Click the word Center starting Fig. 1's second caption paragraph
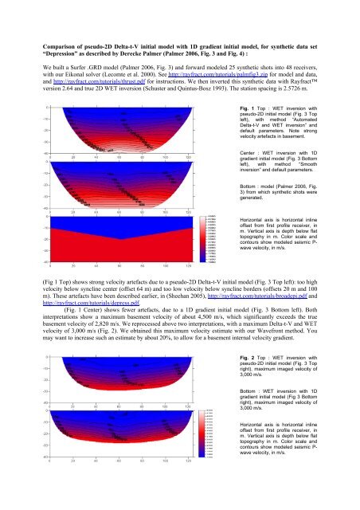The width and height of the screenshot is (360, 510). point(227,149)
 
